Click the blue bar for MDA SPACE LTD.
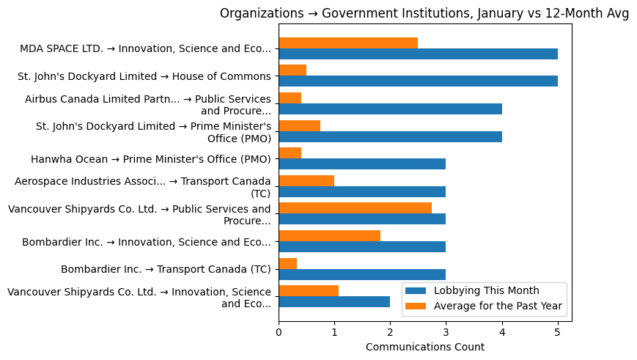click(418, 54)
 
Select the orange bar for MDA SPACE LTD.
click(348, 43)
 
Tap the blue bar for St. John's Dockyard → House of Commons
click(418, 81)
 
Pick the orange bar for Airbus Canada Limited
click(290, 98)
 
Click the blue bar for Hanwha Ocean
click(362, 164)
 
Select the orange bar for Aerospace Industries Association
click(306, 181)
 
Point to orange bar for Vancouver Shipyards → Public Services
click(355, 208)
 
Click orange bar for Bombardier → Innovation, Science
click(329, 236)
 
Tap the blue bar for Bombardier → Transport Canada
click(362, 274)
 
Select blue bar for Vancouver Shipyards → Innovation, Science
click(334, 301)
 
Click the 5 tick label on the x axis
click(558, 332)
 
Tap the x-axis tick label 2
click(390, 332)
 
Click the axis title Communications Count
click(424, 347)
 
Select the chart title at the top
click(424, 13)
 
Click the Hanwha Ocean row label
click(150, 159)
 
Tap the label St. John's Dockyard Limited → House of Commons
click(144, 76)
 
